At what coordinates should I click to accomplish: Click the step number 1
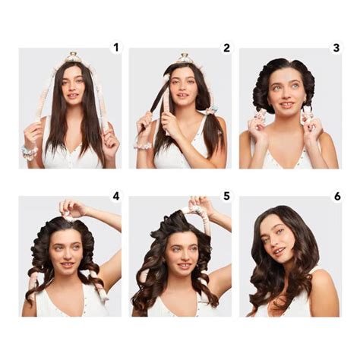coord(115,47)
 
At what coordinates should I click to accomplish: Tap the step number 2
coord(226,47)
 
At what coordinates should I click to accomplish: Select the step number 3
coord(336,47)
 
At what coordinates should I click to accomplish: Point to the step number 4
coord(115,196)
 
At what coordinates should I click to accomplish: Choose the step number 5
coord(226,196)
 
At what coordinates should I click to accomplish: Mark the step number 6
coord(336,196)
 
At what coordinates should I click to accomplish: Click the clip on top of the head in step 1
coord(73,56)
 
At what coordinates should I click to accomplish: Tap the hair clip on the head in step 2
coord(183,58)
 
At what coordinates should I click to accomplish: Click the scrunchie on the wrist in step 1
coord(30,153)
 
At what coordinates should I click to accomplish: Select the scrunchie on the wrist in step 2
coord(142,144)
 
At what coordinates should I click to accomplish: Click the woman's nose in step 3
coord(285,93)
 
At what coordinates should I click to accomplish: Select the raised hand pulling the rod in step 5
coord(199,205)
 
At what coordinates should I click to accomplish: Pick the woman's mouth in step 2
coord(183,100)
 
